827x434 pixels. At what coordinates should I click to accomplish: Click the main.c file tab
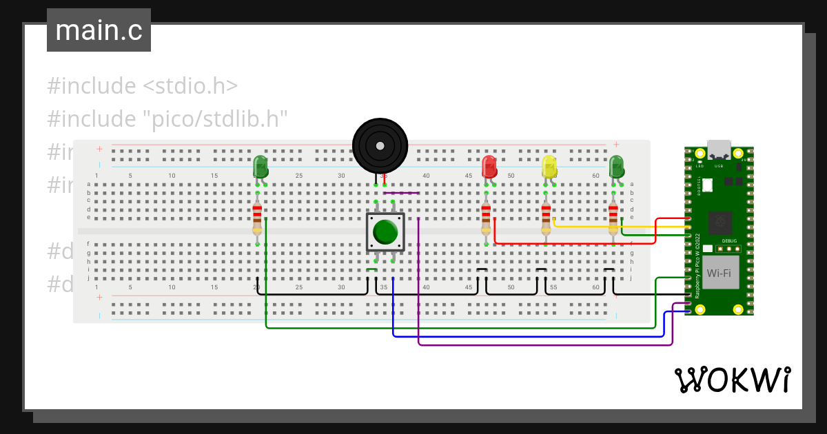tap(99, 30)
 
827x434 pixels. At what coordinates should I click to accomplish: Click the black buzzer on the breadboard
tap(380, 145)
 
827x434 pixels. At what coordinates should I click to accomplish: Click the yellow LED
tap(549, 167)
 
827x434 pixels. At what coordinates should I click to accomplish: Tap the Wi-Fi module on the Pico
tap(719, 273)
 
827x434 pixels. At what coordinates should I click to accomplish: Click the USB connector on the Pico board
tap(719, 149)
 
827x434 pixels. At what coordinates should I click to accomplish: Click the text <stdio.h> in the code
tap(190, 86)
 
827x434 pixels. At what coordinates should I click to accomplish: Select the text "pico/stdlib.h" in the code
tap(218, 118)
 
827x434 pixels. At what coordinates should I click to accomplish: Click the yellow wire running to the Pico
tap(620, 226)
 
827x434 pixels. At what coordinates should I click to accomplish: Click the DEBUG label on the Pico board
tap(729, 241)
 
